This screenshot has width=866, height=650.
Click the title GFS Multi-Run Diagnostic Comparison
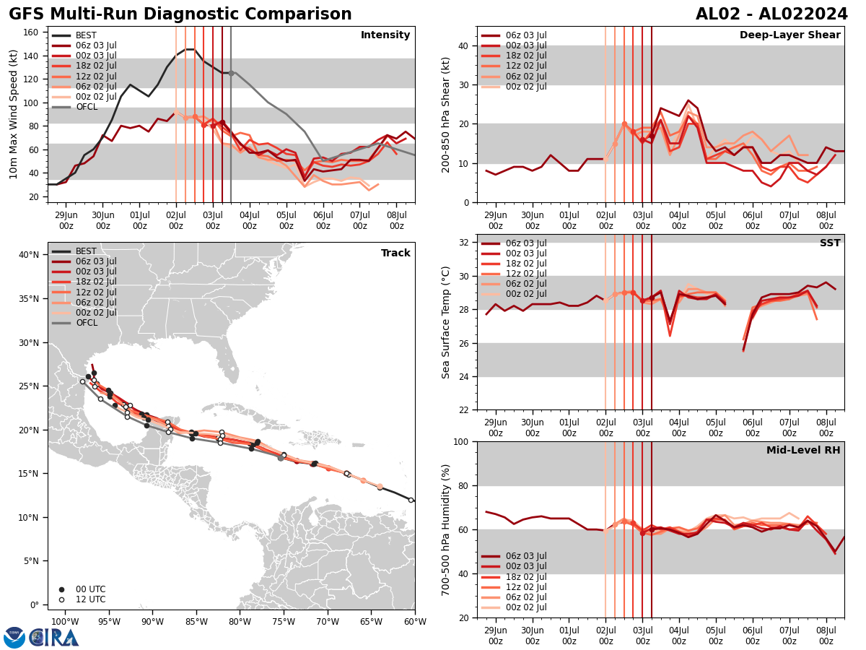pyautogui.click(x=180, y=14)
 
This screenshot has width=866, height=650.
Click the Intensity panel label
pyautogui.click(x=385, y=35)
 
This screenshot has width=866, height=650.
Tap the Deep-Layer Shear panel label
pyautogui.click(x=790, y=35)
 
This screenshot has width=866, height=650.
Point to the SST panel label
pyautogui.click(x=830, y=243)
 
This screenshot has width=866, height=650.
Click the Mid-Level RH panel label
pyautogui.click(x=803, y=451)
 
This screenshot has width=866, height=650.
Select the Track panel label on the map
pyautogui.click(x=395, y=253)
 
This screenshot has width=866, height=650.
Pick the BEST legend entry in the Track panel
pyautogui.click(x=86, y=251)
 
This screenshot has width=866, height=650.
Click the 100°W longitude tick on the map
pyautogui.click(x=65, y=622)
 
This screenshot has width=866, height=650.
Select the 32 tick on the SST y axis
pyautogui.click(x=463, y=243)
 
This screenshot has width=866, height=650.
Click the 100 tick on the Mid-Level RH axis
pyautogui.click(x=460, y=441)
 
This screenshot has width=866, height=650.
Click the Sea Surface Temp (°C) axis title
pyautogui.click(x=446, y=322)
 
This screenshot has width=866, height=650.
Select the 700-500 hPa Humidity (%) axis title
pyautogui.click(x=446, y=529)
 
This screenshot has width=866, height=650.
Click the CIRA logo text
pyautogui.click(x=54, y=638)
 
